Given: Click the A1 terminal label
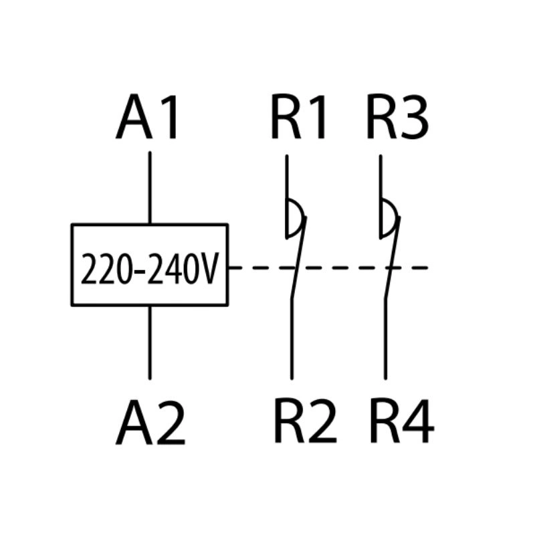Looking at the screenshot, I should pos(148,118).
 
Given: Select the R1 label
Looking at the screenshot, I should pos(299,118).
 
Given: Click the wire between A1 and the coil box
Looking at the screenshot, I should pos(149,187).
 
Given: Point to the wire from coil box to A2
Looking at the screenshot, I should pos(149,341).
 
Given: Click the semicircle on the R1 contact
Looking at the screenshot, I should pos(294,218).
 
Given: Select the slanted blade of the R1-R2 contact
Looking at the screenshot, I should pos(297,261).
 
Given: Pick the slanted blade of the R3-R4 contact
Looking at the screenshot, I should pos(391,261).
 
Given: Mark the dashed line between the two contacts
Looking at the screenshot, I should pos(341,267).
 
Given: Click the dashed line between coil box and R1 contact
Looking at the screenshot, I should pos(257,267).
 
